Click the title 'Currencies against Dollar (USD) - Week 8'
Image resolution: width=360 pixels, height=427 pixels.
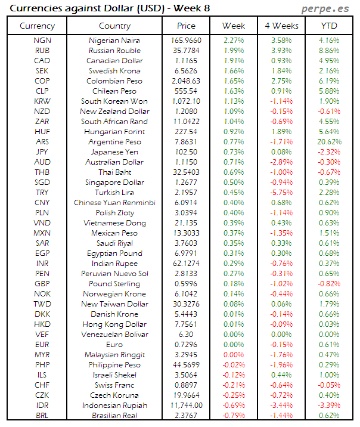tap(110, 8)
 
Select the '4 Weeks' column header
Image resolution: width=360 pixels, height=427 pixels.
tap(281, 26)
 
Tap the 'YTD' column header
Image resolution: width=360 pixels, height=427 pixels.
tap(329, 26)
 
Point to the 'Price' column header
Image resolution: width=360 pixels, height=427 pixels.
tap(186, 26)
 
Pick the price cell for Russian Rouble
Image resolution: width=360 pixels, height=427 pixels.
tap(186, 51)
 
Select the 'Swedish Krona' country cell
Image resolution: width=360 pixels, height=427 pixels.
tap(114, 71)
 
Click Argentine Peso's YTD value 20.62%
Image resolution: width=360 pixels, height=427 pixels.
tap(329, 142)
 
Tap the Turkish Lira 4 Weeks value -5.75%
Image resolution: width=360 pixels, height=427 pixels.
tap(281, 193)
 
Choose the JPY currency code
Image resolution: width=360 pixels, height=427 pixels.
tap(42, 152)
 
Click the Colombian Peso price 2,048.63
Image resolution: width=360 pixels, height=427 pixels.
tap(186, 81)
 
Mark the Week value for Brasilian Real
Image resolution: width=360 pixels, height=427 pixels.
tap(234, 416)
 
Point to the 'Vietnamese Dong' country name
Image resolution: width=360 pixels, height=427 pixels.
tap(114, 223)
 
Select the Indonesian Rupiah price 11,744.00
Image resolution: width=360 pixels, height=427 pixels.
tap(186, 406)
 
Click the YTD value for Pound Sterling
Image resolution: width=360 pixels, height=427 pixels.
tap(329, 284)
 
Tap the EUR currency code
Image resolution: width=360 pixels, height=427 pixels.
tap(42, 345)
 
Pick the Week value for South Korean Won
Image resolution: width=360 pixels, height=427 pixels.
tap(234, 101)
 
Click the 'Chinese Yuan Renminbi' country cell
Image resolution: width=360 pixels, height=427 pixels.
tap(114, 203)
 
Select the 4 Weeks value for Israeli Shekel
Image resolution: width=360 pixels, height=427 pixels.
tap(281, 375)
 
